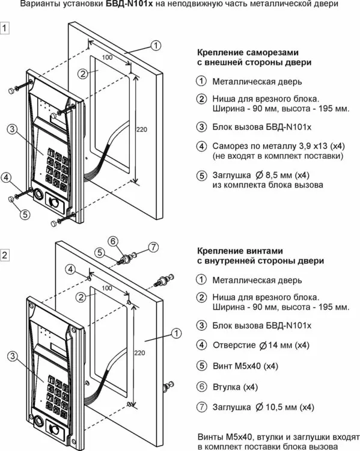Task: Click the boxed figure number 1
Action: pyautogui.click(x=5, y=28)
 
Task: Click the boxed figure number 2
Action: pyautogui.click(x=5, y=255)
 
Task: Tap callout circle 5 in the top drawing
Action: pyautogui.click(x=25, y=214)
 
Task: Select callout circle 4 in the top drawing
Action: pyautogui.click(x=7, y=177)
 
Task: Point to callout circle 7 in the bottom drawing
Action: pyautogui.click(x=153, y=247)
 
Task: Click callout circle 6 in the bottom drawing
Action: pyautogui.click(x=113, y=241)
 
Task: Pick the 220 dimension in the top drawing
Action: pyautogui.click(x=141, y=129)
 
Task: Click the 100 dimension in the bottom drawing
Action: pyautogui.click(x=107, y=288)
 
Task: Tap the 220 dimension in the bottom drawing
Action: pyautogui.click(x=139, y=352)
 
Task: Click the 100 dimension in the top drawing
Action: pyautogui.click(x=107, y=57)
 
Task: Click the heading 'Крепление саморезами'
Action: pyautogui.click(x=248, y=53)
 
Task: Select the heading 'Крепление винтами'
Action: pyautogui.click(x=240, y=251)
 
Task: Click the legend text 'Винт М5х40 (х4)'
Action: pyautogui.click(x=245, y=366)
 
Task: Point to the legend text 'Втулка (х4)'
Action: pyautogui.click(x=235, y=387)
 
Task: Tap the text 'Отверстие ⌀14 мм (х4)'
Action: pyautogui.click(x=261, y=345)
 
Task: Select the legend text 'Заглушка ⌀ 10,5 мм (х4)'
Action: pyautogui.click(x=263, y=407)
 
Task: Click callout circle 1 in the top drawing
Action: pyautogui.click(x=156, y=45)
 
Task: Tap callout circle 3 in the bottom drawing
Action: pyautogui.click(x=13, y=357)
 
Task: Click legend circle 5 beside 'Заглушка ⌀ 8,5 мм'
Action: pyautogui.click(x=201, y=176)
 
